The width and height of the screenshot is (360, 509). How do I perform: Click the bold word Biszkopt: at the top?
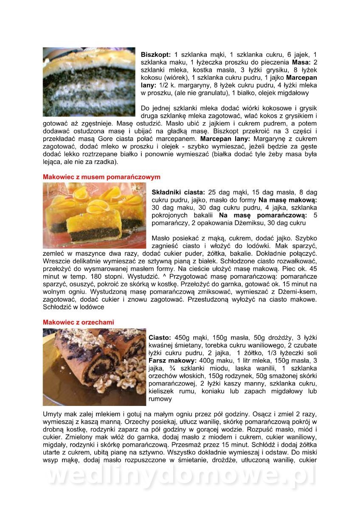click(156, 55)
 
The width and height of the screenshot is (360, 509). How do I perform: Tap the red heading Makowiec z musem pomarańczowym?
click(101, 177)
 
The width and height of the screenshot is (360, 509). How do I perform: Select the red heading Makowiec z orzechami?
click(78, 322)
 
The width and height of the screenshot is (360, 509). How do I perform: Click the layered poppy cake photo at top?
click(89, 81)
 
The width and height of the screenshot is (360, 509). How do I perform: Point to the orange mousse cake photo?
click(94, 215)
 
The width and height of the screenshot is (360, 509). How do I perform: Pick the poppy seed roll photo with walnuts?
click(94, 367)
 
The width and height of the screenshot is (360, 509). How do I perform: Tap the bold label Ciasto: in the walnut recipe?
click(160, 338)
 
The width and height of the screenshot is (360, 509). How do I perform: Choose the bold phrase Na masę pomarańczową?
click(268, 215)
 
